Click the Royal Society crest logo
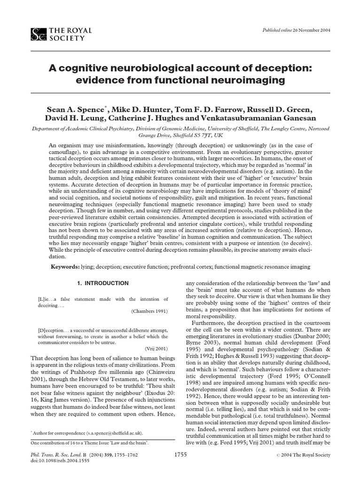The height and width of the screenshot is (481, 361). [x=38, y=34]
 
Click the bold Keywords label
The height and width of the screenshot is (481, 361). [x=66, y=267]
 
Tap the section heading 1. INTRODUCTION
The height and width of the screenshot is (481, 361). [x=102, y=283]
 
